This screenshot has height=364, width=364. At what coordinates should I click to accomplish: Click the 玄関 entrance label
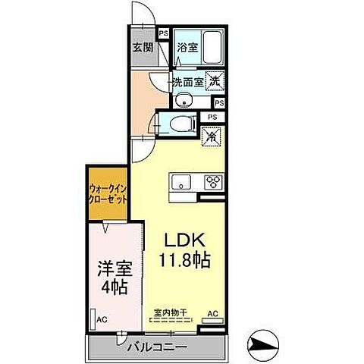coord(142,46)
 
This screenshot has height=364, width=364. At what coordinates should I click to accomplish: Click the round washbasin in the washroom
coord(183,101)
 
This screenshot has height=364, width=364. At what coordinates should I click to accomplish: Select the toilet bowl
coord(180,126)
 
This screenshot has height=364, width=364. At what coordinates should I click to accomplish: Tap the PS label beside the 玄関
coord(164,33)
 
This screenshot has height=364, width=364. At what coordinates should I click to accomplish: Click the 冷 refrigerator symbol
coord(213,137)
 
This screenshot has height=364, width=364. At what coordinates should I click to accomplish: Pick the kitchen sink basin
coord(182,182)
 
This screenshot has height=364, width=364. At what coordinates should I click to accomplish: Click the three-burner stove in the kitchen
coord(212,182)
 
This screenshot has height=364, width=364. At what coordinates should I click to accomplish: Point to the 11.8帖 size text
coord(184,259)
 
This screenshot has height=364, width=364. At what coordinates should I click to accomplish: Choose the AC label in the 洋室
coord(101,320)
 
